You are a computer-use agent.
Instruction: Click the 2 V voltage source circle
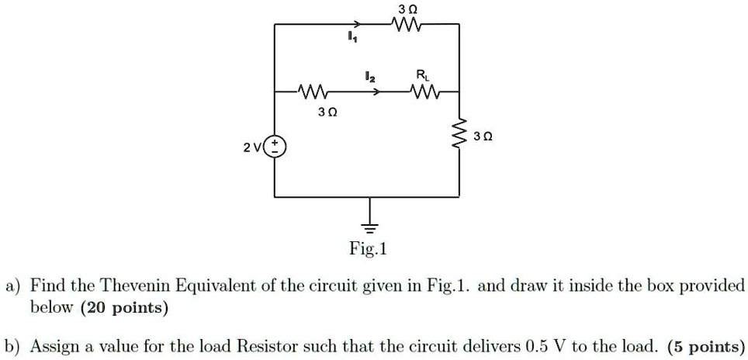pyautogui.click(x=275, y=146)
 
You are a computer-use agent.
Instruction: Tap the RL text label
pyautogui.click(x=421, y=75)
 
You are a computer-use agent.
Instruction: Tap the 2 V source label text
pyautogui.click(x=251, y=147)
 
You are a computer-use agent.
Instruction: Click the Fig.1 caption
pyautogui.click(x=369, y=250)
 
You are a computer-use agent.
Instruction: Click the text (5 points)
pyautogui.click(x=706, y=345)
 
